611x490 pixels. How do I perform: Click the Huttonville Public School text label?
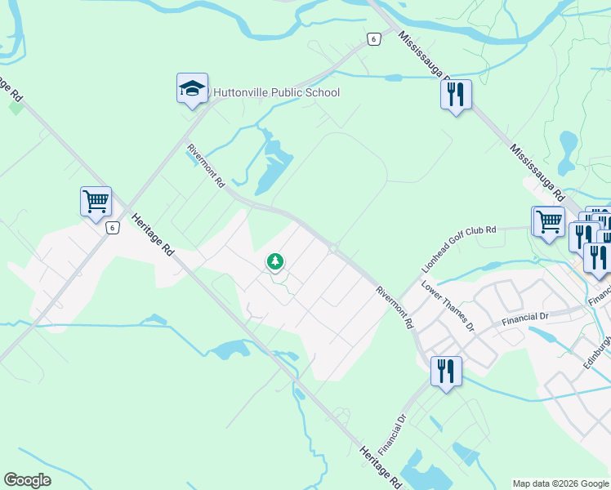(276, 92)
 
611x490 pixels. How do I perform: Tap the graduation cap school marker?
(192, 89)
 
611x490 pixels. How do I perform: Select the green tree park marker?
(276, 261)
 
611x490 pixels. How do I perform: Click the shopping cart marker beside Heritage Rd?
(96, 201)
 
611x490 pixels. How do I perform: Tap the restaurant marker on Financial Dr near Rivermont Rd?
(446, 372)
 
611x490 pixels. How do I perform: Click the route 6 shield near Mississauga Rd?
(372, 39)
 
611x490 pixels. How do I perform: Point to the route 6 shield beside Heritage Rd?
(111, 228)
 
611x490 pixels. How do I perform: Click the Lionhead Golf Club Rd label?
(458, 249)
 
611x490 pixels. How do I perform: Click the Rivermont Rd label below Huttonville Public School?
(206, 167)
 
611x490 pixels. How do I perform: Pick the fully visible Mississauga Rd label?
(537, 174)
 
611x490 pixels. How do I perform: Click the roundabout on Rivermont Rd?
(333, 248)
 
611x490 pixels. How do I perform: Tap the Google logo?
(27, 480)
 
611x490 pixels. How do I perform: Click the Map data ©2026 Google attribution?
(560, 483)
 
